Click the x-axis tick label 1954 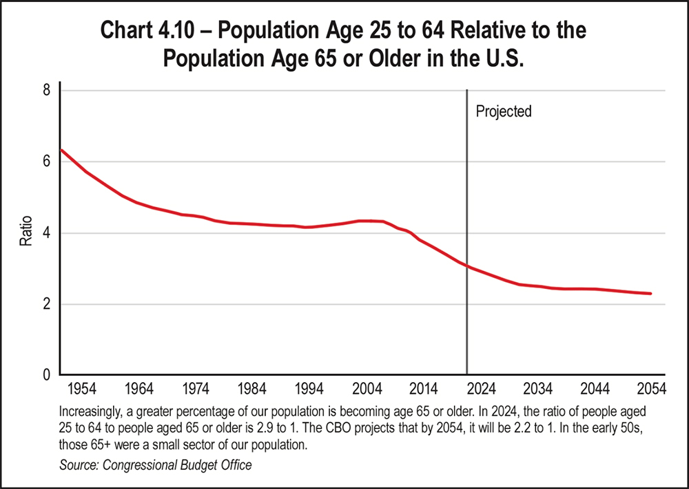tap(81, 388)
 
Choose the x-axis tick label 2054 tap(650, 388)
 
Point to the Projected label tap(504, 111)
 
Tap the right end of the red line tap(650, 294)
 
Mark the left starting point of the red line tap(62, 150)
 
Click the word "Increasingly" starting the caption tap(91, 410)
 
